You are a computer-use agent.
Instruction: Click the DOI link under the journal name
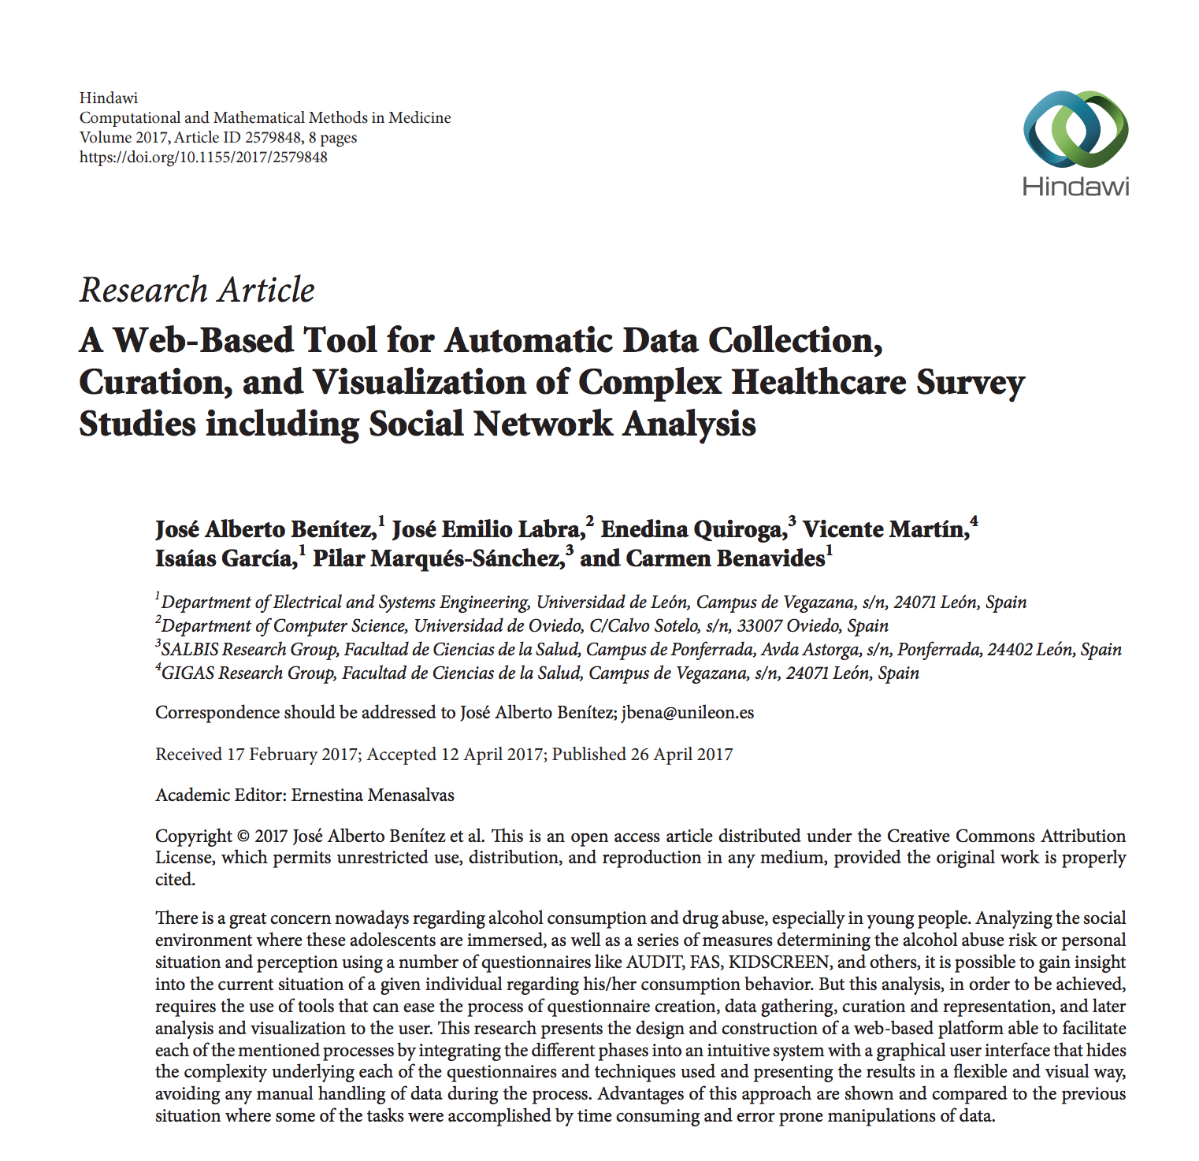(203, 157)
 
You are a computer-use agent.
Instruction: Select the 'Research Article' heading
(197, 290)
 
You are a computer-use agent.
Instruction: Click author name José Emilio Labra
(487, 529)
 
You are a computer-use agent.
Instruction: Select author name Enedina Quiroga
(692, 529)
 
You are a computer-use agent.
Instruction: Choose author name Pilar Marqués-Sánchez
(438, 558)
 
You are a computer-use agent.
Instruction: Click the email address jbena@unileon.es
(688, 713)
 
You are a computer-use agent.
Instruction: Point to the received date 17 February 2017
(292, 755)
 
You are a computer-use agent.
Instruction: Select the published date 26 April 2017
(681, 755)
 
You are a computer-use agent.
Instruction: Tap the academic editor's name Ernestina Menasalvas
(373, 796)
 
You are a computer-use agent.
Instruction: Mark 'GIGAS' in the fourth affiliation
(187, 673)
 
